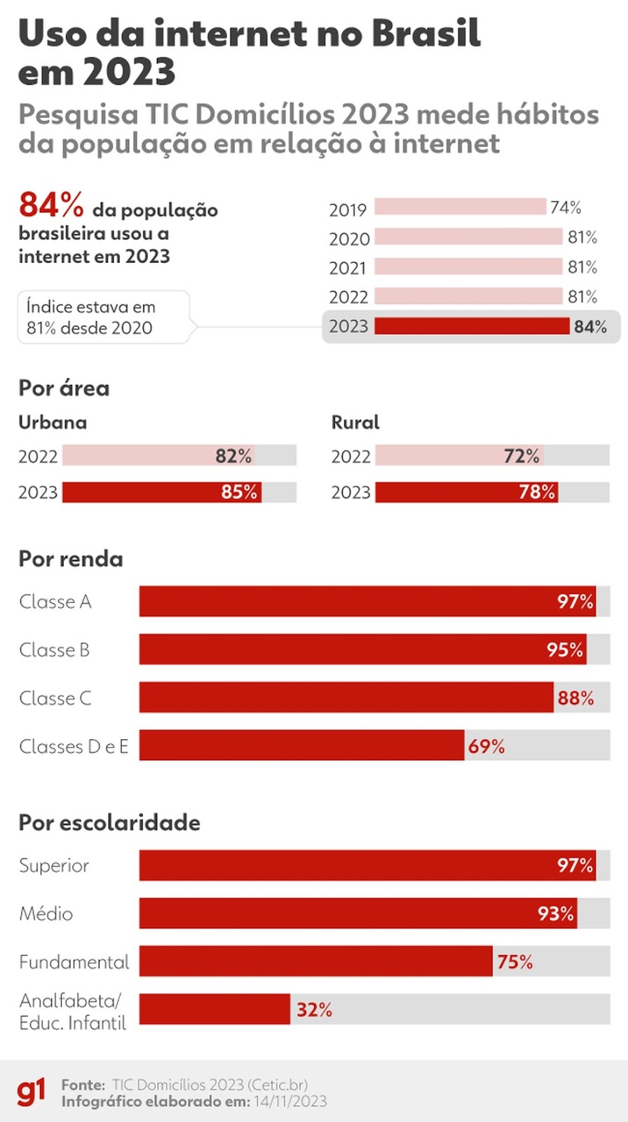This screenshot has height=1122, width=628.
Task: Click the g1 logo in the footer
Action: (x=31, y=1092)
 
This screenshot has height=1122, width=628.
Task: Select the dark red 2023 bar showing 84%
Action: (x=472, y=326)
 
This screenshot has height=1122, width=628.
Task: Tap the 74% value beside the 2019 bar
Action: (x=566, y=208)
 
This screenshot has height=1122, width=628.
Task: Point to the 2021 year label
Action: (x=348, y=268)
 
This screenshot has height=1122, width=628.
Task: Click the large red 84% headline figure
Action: (x=51, y=205)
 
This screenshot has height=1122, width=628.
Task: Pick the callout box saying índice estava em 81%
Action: (x=103, y=317)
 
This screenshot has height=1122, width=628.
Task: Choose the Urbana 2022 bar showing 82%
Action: (x=158, y=456)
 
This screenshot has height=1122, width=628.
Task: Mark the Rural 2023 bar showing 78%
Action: (x=466, y=492)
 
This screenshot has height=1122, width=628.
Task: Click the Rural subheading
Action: (x=355, y=422)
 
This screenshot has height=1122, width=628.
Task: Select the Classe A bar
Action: (x=367, y=602)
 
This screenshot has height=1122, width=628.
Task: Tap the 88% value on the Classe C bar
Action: (x=575, y=698)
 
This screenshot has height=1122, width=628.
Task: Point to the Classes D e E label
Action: (x=74, y=746)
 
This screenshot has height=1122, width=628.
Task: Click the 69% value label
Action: (x=486, y=746)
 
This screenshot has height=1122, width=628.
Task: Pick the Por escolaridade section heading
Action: (x=109, y=822)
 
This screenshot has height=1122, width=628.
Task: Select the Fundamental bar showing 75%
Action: (x=315, y=961)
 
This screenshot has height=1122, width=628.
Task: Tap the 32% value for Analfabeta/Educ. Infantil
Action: (x=314, y=1010)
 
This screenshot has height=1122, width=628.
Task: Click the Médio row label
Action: (x=46, y=914)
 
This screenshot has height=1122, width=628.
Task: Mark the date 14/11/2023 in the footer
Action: (x=290, y=1102)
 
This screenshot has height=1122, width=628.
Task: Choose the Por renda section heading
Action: (x=71, y=559)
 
